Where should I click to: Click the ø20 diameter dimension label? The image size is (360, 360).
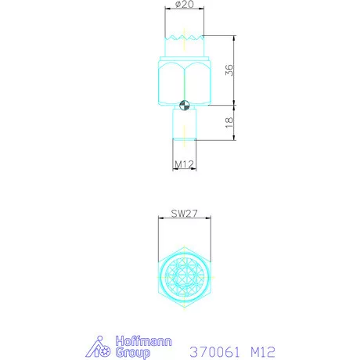[185, 4]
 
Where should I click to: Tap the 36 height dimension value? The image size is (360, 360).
[229, 70]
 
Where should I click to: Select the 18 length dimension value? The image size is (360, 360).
[229, 123]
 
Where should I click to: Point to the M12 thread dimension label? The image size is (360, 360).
[184, 164]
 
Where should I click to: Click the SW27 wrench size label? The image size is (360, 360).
[185, 214]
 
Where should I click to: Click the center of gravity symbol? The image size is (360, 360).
[185, 106]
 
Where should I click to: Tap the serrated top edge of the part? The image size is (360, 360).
[185, 38]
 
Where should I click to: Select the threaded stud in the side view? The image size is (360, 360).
[185, 124]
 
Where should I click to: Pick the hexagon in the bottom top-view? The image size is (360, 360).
[159, 277]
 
